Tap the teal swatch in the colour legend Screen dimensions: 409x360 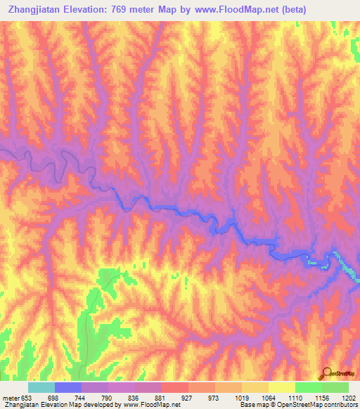pos(41,387)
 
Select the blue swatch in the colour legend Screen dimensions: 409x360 pos(68,387)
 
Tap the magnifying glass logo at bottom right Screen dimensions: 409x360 pos(326,373)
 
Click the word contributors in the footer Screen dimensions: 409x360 pos(340,405)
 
